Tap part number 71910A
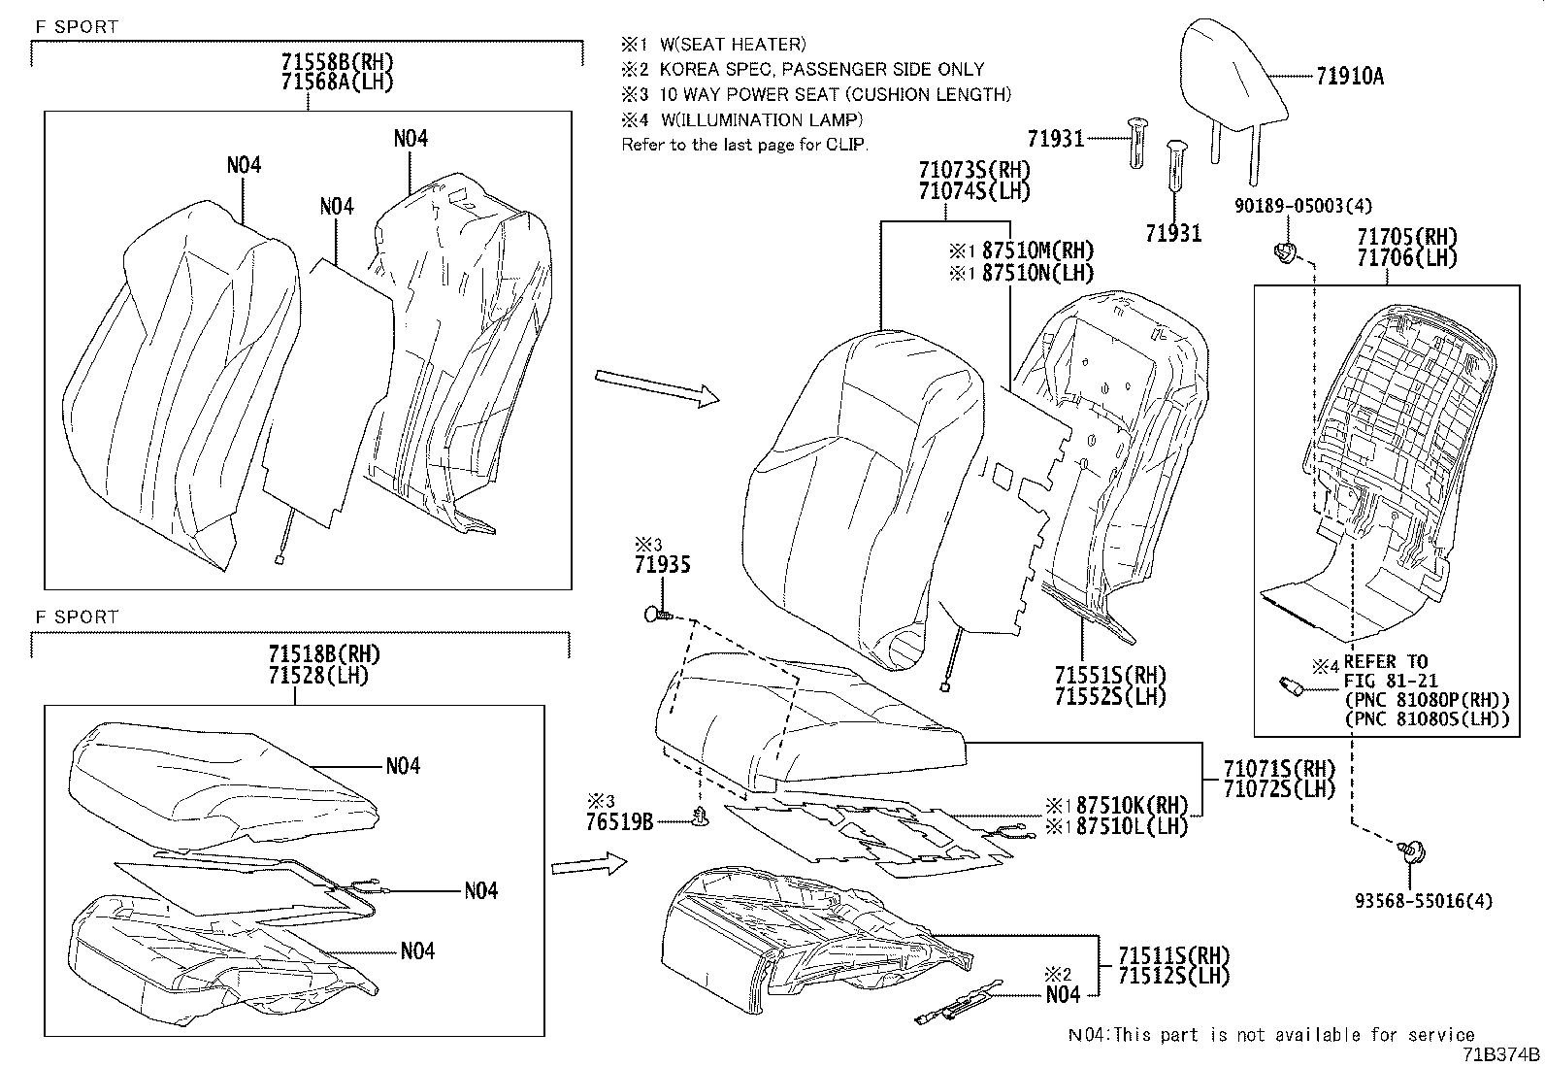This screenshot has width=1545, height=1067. [x=1350, y=77]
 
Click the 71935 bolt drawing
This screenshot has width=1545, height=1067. [x=656, y=614]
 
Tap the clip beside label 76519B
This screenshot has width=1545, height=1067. [x=698, y=819]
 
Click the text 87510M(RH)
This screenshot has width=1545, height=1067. [x=1037, y=250]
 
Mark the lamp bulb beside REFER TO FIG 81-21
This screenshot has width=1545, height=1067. [x=1293, y=686]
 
